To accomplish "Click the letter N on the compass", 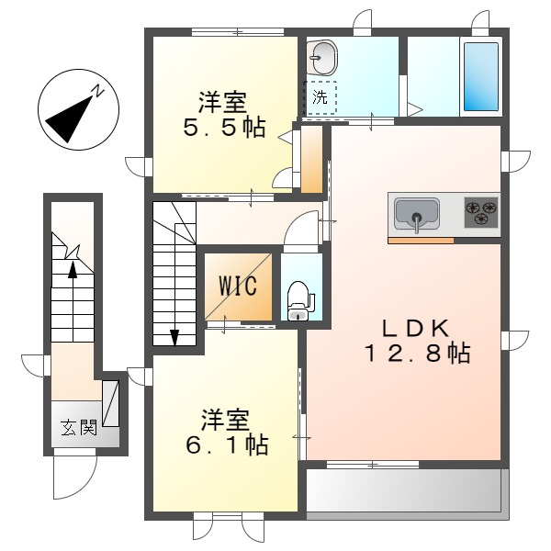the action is point(98,91).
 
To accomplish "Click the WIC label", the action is point(238,286).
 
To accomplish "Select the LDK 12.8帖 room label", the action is point(417,341).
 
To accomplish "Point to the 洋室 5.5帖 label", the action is point(224,114).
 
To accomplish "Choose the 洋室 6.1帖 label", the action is point(227,433).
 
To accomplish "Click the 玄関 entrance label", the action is point(79,427).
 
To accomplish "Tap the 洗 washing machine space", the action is point(320,97).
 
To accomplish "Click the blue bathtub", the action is point(481,77).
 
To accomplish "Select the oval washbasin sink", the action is point(321,58).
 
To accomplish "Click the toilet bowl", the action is point(298,300).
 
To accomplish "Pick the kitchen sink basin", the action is point(417,214).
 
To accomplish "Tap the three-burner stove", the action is point(481,212).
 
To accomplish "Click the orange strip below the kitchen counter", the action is point(421,241).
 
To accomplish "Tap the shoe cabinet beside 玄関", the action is point(110,403).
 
